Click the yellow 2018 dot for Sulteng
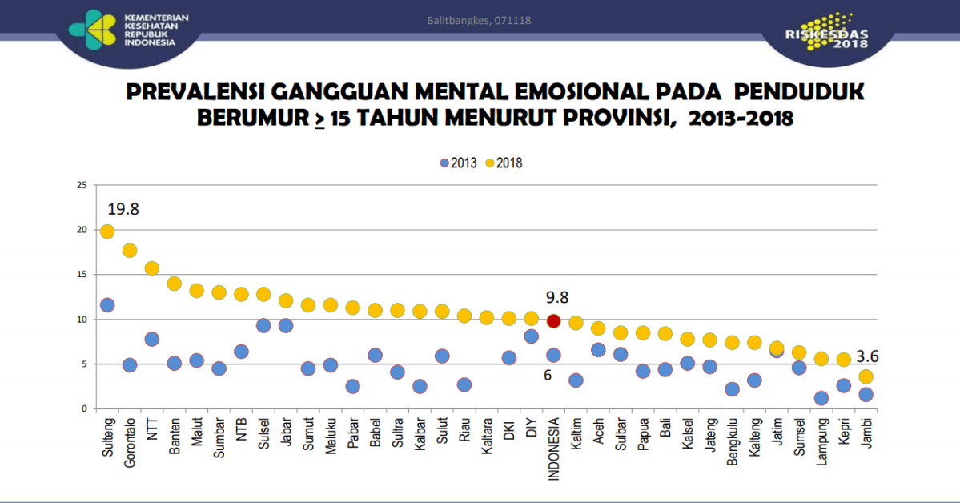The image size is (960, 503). click(x=107, y=231)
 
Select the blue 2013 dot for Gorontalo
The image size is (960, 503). click(x=130, y=364)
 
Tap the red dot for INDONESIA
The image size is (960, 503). click(x=552, y=320)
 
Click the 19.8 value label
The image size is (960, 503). click(x=124, y=209)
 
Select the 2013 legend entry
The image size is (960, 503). click(x=458, y=163)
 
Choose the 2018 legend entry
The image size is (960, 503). click(x=504, y=163)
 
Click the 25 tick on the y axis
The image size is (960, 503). click(x=81, y=185)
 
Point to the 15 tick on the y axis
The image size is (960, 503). click(x=81, y=275)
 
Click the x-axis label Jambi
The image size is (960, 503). click(x=866, y=433)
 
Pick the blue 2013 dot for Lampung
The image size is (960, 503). click(x=821, y=398)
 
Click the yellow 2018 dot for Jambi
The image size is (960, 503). click(x=866, y=376)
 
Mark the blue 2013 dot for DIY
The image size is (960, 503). click(x=530, y=336)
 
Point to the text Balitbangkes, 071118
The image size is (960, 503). click(x=479, y=19)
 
